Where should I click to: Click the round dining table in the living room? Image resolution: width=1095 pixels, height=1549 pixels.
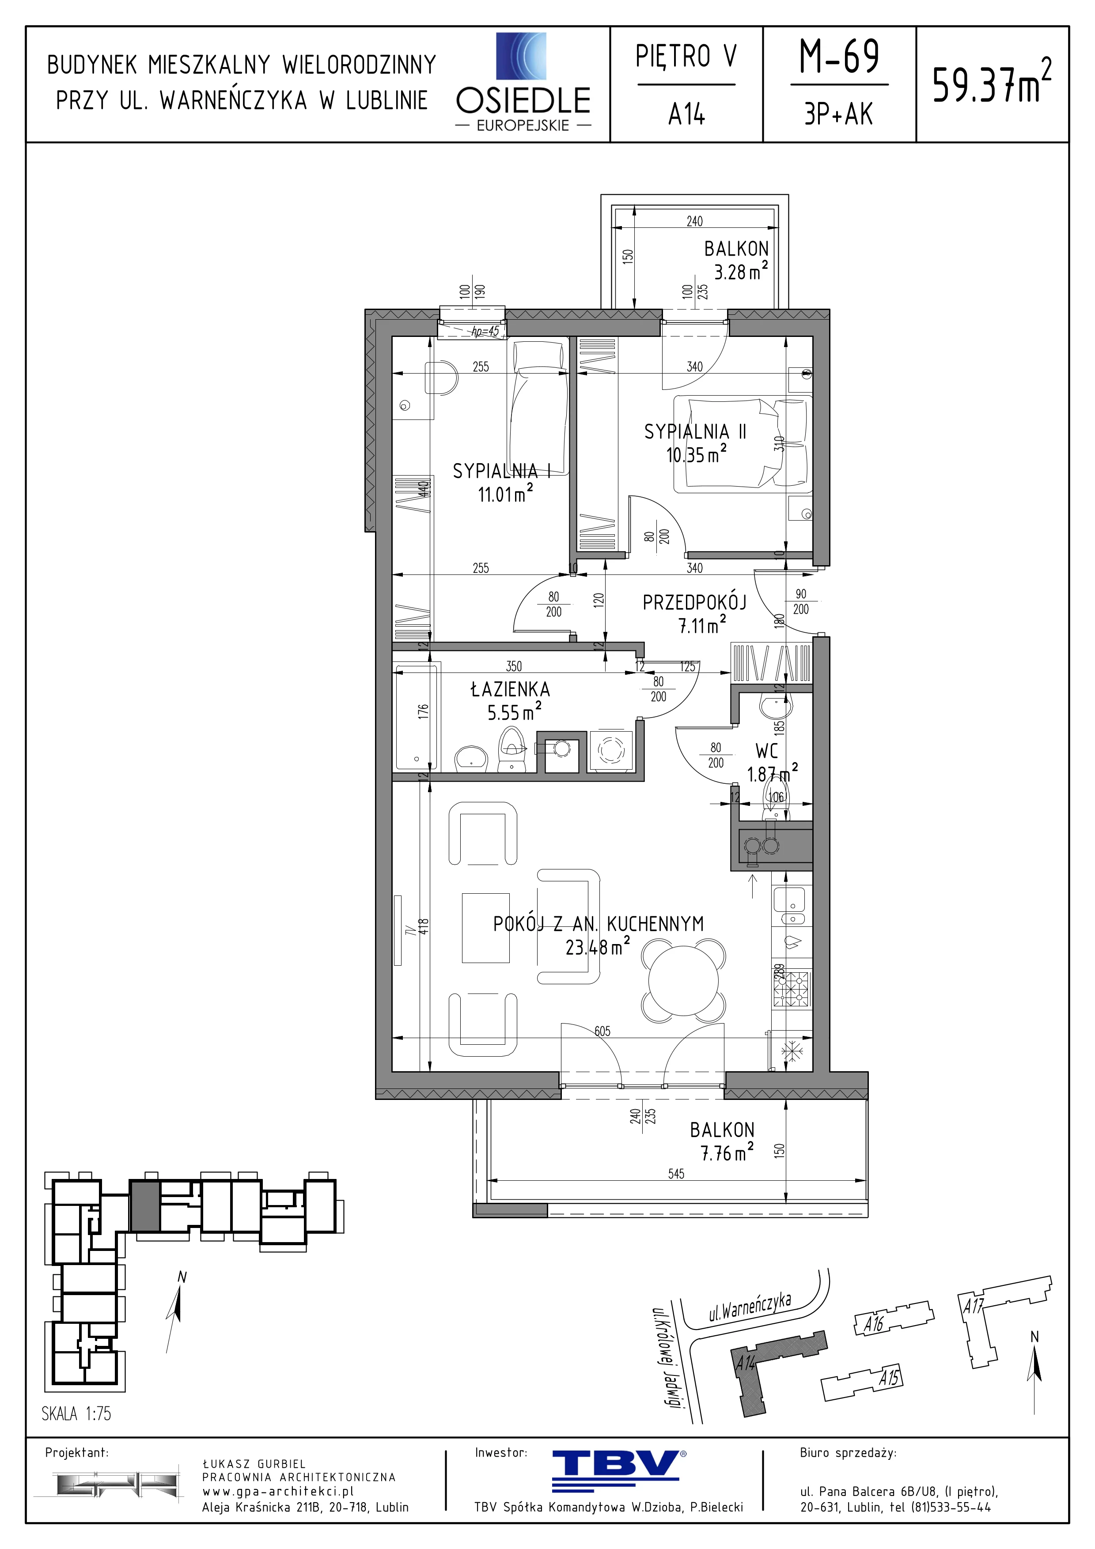pos(683,979)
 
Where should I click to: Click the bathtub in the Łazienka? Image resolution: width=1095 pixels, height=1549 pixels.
pos(416,717)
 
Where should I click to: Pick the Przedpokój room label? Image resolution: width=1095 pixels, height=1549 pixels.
pos(694,602)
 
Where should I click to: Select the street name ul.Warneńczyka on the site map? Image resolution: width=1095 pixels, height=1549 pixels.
pos(750,1307)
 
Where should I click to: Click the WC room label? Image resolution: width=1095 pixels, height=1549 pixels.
pos(766,751)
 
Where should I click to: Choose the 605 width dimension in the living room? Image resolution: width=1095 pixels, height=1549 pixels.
pos(602,1031)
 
